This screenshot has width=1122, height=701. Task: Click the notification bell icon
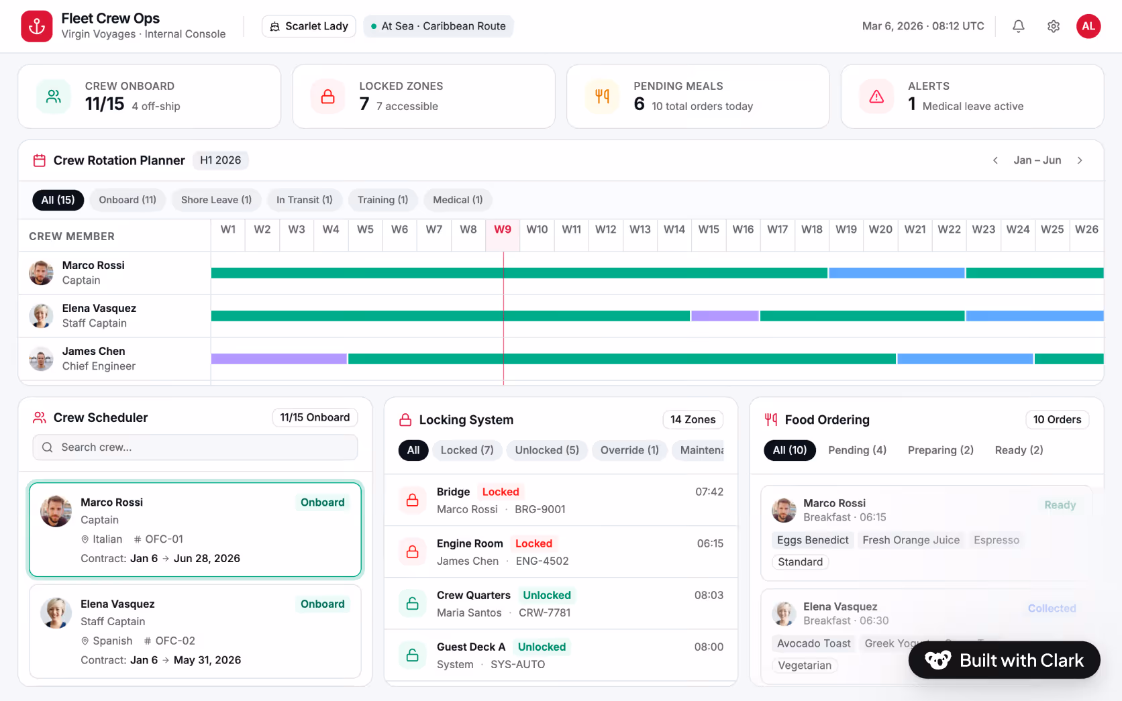point(1018,26)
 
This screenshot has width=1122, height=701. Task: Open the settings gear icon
point(1053,26)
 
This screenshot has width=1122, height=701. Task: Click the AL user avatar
point(1088,26)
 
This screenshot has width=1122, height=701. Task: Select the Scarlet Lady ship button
point(309,26)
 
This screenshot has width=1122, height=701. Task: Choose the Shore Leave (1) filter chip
point(216,200)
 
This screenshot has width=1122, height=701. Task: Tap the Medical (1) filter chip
point(458,200)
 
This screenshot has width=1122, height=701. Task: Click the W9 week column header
point(503,229)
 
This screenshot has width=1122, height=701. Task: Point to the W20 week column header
point(880,229)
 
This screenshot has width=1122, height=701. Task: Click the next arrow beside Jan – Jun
point(1080,160)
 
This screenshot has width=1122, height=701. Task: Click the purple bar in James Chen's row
point(278,359)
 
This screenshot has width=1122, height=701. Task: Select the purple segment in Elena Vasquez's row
point(725,316)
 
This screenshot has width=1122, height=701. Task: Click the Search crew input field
point(195,447)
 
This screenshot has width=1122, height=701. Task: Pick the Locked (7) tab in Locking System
point(467,450)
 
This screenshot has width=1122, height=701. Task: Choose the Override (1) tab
point(629,450)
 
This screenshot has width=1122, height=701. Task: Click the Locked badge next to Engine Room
point(533,543)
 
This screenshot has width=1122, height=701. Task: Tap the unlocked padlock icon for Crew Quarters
point(412,604)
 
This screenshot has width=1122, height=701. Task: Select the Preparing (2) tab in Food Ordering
point(940,450)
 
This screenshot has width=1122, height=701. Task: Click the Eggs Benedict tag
point(813,540)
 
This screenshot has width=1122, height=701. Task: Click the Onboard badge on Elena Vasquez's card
point(322,604)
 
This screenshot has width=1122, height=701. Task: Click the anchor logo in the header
point(37,26)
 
